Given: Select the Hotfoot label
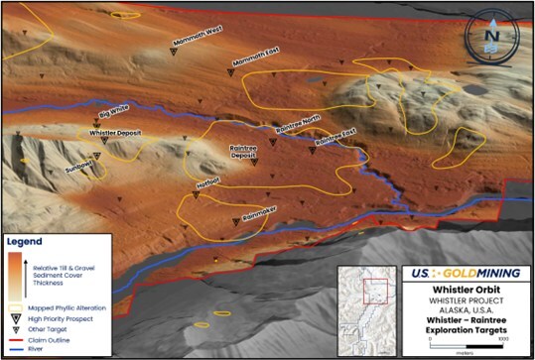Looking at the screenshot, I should tap(207, 181).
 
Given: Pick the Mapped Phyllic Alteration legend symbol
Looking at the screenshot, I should tap(17, 307).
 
